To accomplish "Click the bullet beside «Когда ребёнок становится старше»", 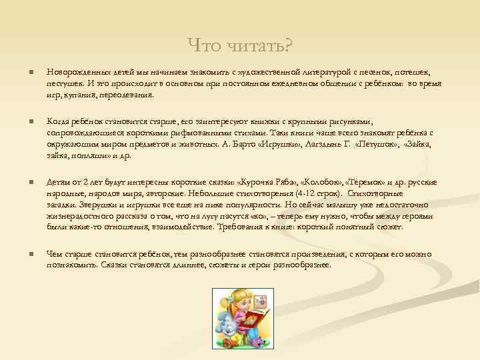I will point(23,121).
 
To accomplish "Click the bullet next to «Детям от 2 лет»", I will point(23,181).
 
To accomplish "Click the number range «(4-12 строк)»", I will point(317,193).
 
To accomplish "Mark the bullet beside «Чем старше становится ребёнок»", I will point(23,254).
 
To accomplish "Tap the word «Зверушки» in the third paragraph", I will point(95,204).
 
